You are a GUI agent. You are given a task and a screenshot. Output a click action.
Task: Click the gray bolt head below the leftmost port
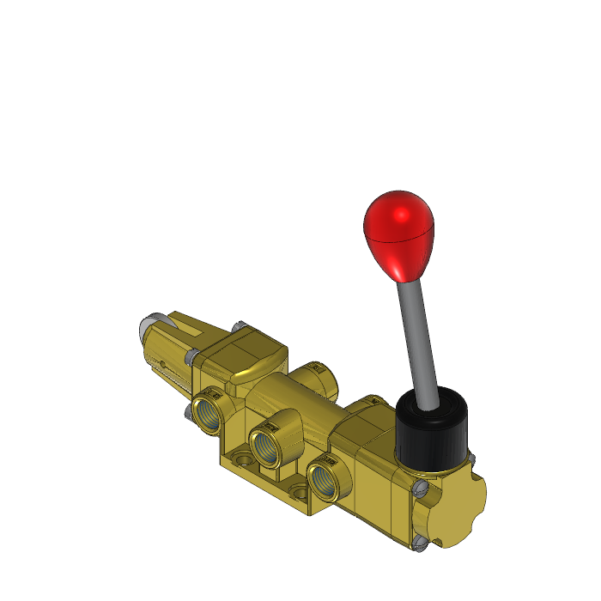(x=189, y=414)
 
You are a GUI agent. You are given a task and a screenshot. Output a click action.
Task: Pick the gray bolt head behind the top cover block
(x=238, y=326)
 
